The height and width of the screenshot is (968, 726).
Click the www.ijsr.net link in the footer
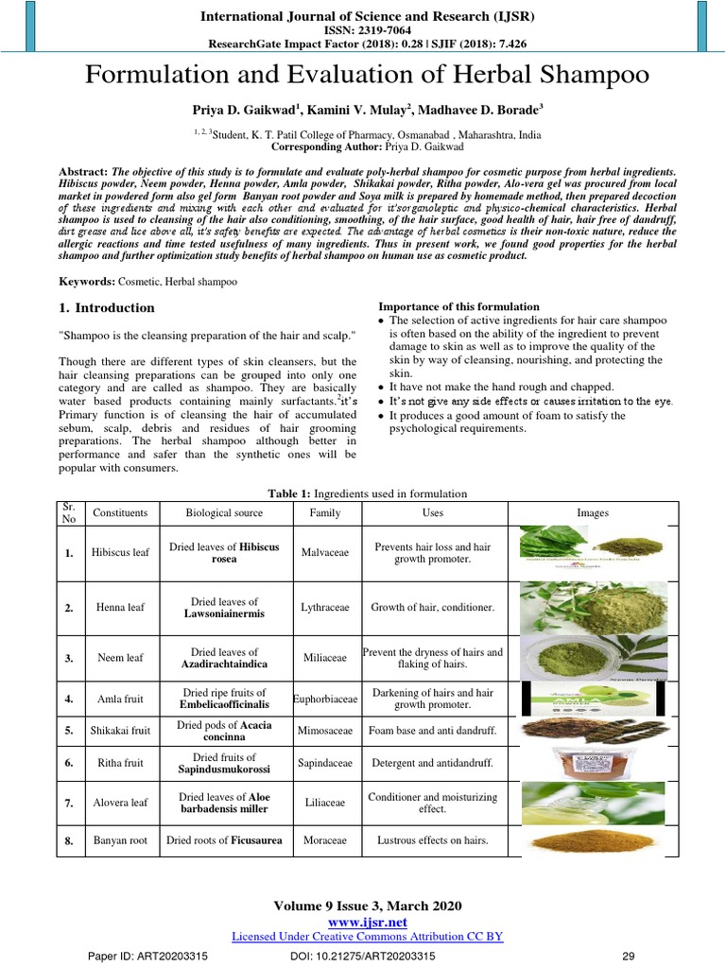coord(368,921)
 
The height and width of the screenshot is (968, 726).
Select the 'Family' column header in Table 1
coord(325,512)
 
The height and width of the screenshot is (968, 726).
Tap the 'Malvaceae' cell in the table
coord(325,552)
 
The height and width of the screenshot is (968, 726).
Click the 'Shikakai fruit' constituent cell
coord(119,731)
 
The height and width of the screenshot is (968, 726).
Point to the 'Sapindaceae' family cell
coord(325,762)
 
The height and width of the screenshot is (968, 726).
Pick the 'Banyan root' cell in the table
coord(119,838)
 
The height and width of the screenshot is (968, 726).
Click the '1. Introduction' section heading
coord(101,307)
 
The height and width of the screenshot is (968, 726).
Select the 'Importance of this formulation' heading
coord(458,306)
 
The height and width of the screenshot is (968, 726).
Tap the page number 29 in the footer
coord(626,956)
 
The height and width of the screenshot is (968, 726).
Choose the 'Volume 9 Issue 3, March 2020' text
coord(368,906)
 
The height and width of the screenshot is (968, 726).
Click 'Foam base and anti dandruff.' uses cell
coord(431,731)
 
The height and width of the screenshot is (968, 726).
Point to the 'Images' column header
coord(593,512)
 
